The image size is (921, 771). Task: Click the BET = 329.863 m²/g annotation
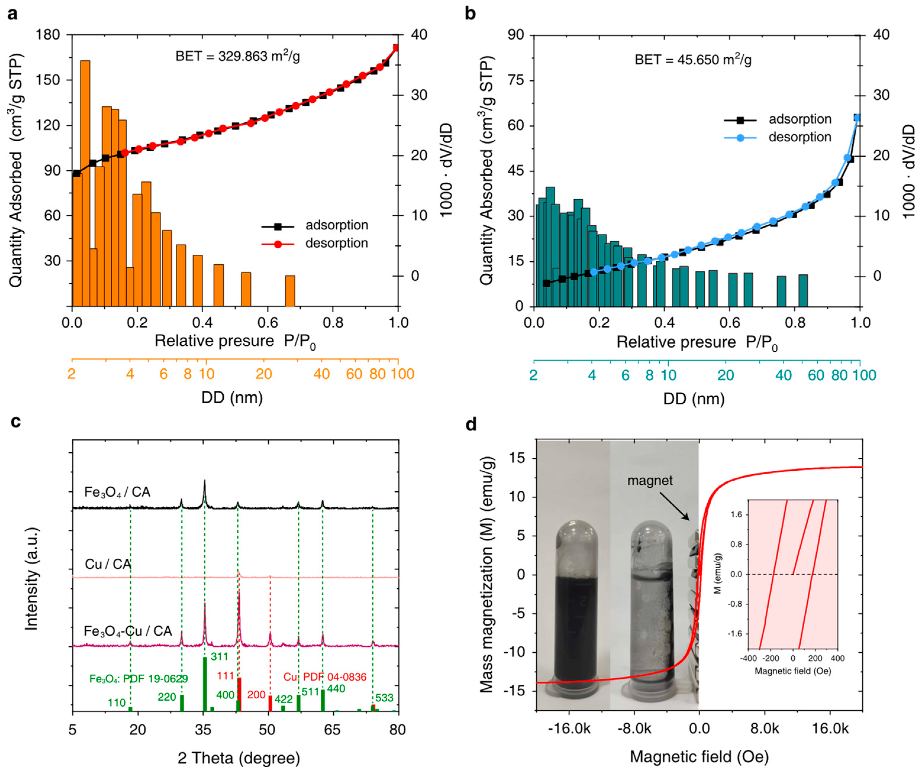[x=238, y=56]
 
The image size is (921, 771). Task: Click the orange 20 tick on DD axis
[x=264, y=374]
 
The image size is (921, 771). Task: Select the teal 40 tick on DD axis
[x=783, y=375]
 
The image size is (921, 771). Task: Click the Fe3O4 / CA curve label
[x=117, y=492]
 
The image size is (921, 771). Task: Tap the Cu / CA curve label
[x=108, y=564]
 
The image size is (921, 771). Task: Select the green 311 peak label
[x=219, y=656]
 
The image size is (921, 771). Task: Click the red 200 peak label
[x=256, y=695]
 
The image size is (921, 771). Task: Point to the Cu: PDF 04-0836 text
[x=325, y=677]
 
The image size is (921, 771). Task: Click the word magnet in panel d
[x=649, y=480]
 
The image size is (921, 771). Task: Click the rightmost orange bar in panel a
[x=290, y=290]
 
